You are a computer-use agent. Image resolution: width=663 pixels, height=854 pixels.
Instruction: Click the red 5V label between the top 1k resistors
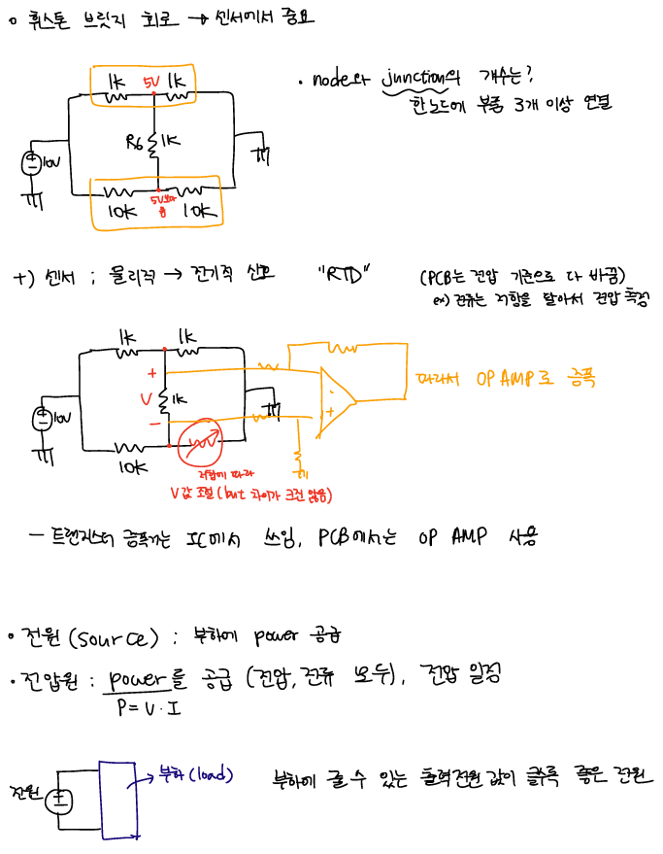[151, 81]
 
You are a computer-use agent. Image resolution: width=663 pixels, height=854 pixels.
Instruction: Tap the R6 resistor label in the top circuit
[135, 143]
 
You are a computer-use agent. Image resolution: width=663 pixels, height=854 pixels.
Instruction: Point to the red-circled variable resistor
[205, 443]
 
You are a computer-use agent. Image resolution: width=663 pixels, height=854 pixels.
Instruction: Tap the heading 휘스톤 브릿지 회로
[83, 17]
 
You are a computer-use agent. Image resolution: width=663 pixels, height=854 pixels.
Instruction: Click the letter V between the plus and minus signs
[147, 398]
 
